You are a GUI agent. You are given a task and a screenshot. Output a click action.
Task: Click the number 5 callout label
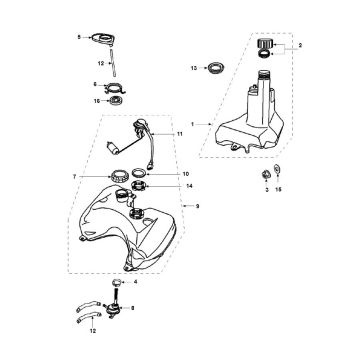tap(78, 38)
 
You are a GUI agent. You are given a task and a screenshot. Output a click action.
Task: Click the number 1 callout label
tap(181, 123)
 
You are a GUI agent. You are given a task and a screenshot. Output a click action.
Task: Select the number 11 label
tap(181, 132)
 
